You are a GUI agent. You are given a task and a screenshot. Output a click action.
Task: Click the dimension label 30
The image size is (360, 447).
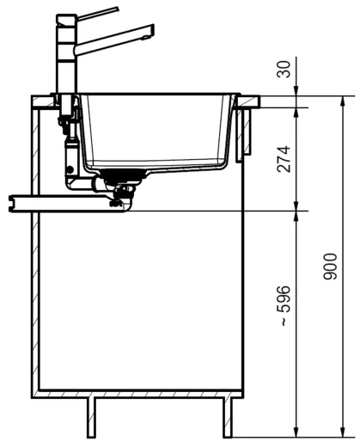pyautogui.click(x=284, y=69)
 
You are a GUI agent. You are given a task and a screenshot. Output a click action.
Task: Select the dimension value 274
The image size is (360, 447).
pyautogui.click(x=284, y=159)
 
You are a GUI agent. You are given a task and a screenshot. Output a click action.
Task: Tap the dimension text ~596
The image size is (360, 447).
pyautogui.click(x=284, y=305)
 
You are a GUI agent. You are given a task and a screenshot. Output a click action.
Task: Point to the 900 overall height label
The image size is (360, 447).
pyautogui.click(x=330, y=266)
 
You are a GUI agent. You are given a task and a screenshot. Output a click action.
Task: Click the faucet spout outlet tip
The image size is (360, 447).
pyautogui.click(x=147, y=37)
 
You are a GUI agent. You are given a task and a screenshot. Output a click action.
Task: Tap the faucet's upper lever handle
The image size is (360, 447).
pyautogui.click(x=98, y=14)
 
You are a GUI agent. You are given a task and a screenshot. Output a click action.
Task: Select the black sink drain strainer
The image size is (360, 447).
pyautogui.click(x=124, y=175)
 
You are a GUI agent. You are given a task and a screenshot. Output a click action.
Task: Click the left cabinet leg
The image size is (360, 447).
pyautogui.click(x=91, y=418)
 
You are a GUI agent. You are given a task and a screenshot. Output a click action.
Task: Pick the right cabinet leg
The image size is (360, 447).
pyautogui.click(x=228, y=418)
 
